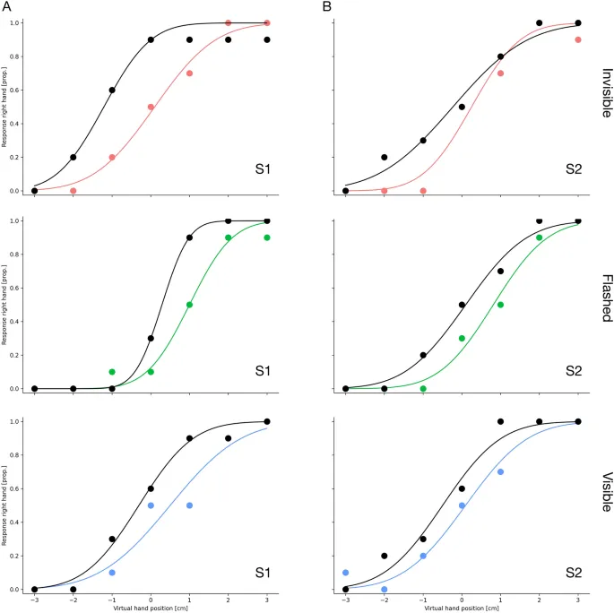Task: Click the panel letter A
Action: [x=6, y=6]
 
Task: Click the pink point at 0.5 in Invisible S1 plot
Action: [x=151, y=107]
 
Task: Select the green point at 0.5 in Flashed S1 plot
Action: [x=189, y=305]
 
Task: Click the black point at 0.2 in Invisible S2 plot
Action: [x=385, y=157]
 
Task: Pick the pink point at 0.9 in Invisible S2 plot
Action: [x=578, y=39]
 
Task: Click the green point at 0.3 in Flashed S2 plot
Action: [x=462, y=338]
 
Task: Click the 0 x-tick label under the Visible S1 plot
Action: [x=151, y=600]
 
